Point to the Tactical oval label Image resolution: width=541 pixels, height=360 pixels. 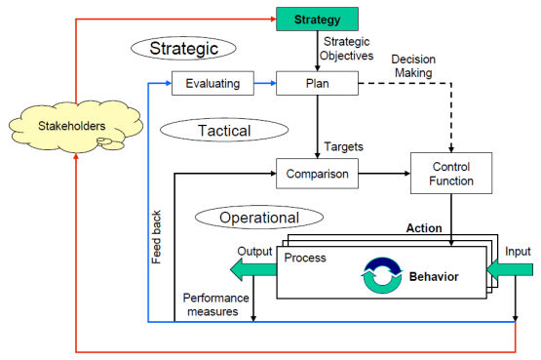click(x=224, y=129)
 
